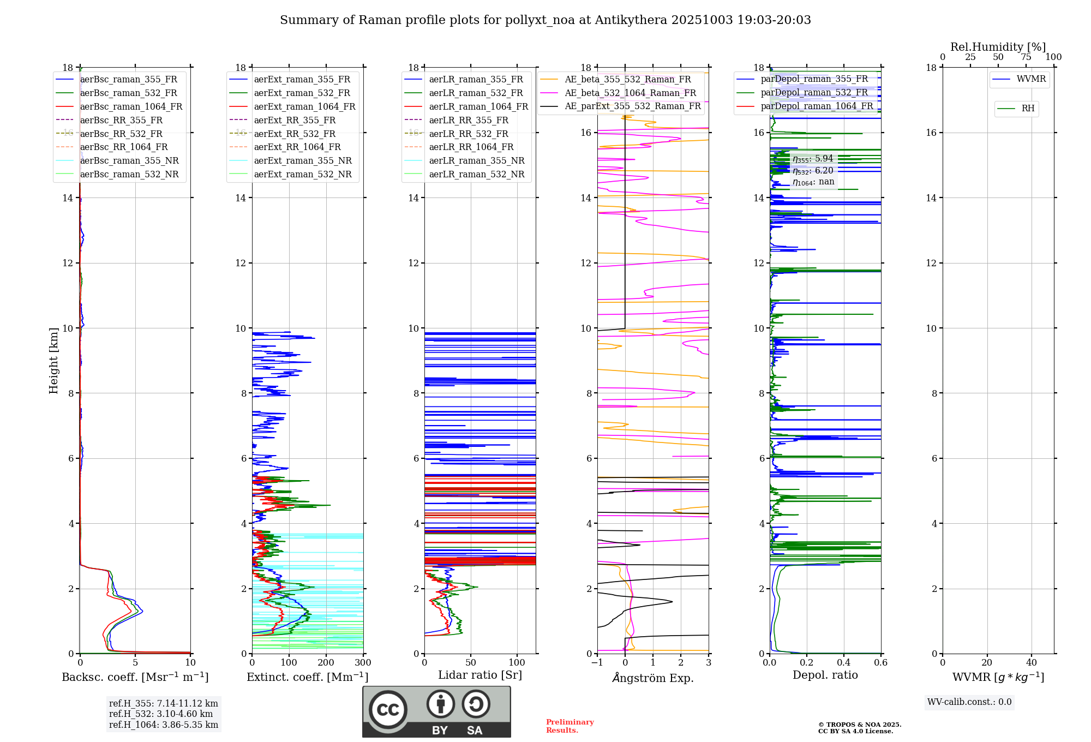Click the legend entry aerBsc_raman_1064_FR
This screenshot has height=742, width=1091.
pyautogui.click(x=131, y=107)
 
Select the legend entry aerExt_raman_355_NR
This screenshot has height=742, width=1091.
pyautogui.click(x=303, y=161)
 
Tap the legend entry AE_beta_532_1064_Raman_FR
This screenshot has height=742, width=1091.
pyautogui.click(x=630, y=93)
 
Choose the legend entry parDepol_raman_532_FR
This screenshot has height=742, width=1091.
pyautogui.click(x=814, y=93)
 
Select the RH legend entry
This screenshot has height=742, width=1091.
pyautogui.click(x=1028, y=109)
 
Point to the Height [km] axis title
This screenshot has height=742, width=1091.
pyautogui.click(x=53, y=360)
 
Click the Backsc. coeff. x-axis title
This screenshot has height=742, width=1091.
pyautogui.click(x=135, y=677)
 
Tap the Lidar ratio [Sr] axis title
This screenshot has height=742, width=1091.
pyautogui.click(x=480, y=675)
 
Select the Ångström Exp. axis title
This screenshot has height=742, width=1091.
pyautogui.click(x=653, y=678)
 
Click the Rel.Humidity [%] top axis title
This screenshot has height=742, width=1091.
pyautogui.click(x=998, y=47)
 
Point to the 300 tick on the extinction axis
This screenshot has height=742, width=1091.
pyautogui.click(x=363, y=663)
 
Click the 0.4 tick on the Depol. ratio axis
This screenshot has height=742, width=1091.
pyautogui.click(x=844, y=663)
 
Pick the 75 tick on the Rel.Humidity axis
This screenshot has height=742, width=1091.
pyautogui.click(x=1026, y=57)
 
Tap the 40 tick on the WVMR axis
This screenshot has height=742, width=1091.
pyautogui.click(x=1032, y=663)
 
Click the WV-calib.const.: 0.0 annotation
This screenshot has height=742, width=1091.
pyautogui.click(x=969, y=702)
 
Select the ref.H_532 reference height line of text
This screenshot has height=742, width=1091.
pyautogui.click(x=161, y=714)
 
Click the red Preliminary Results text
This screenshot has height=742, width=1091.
pyautogui.click(x=570, y=726)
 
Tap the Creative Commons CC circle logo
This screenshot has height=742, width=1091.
pyautogui.click(x=388, y=710)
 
